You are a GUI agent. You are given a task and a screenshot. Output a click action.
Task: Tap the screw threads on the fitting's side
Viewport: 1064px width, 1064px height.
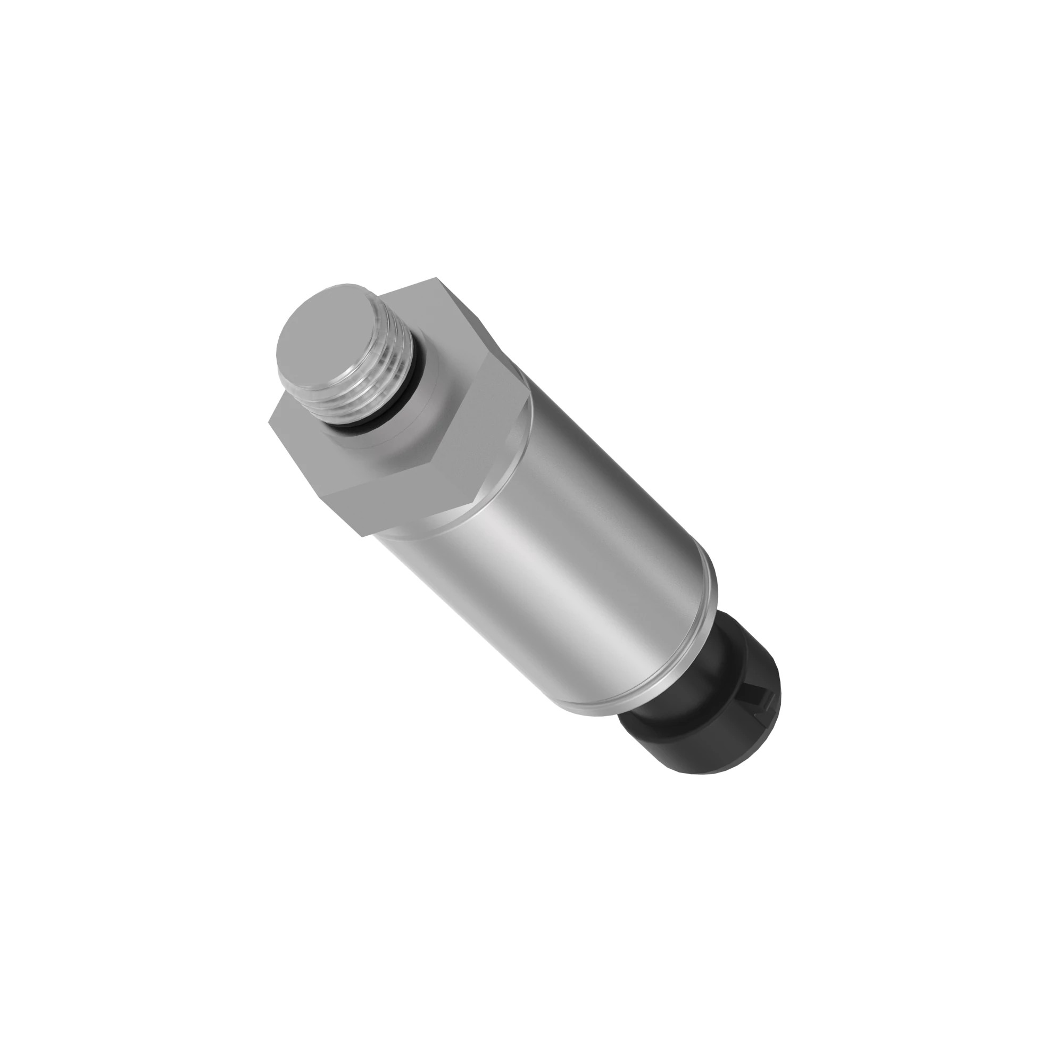[375, 386]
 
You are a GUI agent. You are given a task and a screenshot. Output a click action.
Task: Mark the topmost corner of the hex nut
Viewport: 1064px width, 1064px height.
[437, 278]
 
